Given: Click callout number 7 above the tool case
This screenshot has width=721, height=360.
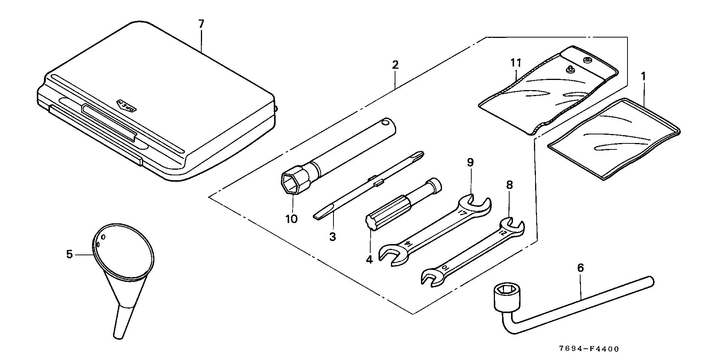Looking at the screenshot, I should (x=201, y=24).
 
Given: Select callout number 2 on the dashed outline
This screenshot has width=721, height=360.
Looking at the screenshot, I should (x=395, y=65).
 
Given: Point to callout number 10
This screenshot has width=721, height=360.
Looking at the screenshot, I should (x=291, y=219).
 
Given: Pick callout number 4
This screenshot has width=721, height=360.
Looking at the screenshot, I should (x=370, y=259).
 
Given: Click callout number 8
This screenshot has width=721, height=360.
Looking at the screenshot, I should (x=509, y=185).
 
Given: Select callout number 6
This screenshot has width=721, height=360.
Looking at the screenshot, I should (x=581, y=268).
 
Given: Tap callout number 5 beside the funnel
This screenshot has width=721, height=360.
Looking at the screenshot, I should (x=69, y=255).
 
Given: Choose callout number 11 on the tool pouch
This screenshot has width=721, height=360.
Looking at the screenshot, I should (x=516, y=63).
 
